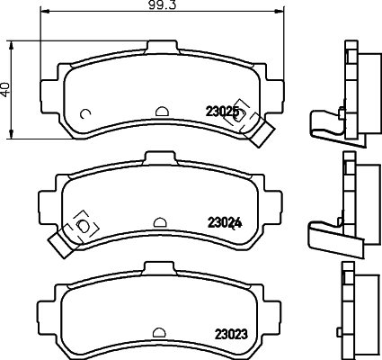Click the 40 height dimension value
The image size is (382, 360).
coord(7,90)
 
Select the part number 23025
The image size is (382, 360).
coord(223,112)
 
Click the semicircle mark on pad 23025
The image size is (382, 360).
coord(162,112)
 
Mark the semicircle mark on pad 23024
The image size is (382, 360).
coord(160,222)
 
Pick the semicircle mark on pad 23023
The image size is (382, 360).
coord(161,332)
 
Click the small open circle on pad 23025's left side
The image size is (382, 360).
coord(84,113)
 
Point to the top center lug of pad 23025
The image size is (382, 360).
coord(161,49)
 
